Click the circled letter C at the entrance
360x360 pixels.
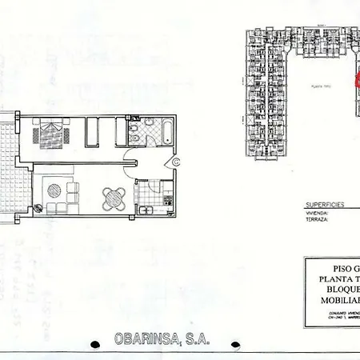[177, 162]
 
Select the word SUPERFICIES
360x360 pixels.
[324, 205]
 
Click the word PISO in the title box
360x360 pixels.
[333, 269]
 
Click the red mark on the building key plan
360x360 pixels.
[358, 80]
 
